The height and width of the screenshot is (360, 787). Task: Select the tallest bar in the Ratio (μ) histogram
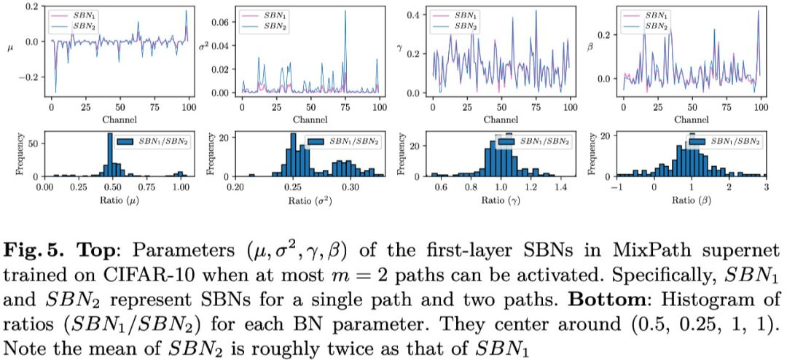[x=110, y=155]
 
